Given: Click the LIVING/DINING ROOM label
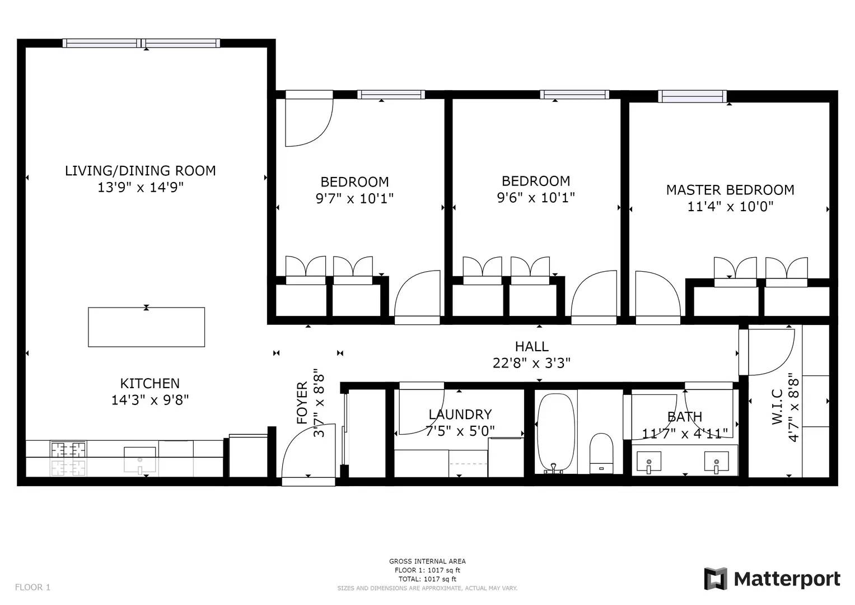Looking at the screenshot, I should (140, 171).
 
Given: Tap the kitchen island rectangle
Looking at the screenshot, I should (146, 327).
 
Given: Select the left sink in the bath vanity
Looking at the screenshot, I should (649, 463).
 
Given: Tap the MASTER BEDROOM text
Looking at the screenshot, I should (730, 190).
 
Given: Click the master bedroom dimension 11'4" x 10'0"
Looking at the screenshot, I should (730, 207).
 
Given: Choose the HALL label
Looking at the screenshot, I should (531, 347).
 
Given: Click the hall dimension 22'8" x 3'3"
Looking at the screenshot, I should (531, 364).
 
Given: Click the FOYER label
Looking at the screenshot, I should (302, 403).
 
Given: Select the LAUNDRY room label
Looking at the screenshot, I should (460, 415).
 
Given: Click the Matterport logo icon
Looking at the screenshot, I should (715, 579).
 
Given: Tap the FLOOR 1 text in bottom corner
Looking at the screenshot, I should (32, 587).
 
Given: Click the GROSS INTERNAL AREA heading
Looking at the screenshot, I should (427, 561).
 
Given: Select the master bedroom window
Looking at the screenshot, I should (692, 96).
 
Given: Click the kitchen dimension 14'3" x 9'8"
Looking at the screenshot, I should (150, 400).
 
